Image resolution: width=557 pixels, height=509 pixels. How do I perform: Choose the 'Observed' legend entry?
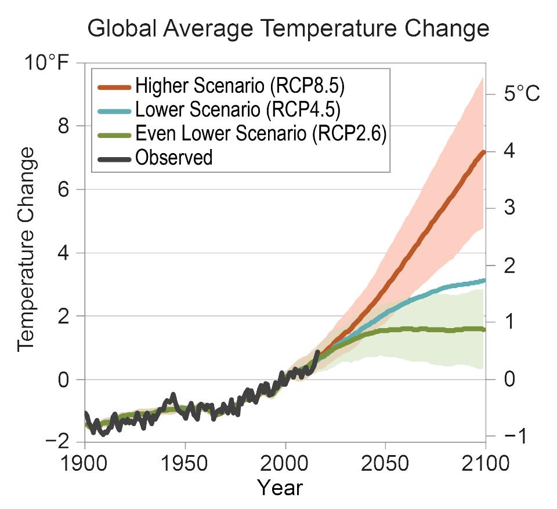pyautogui.click(x=173, y=157)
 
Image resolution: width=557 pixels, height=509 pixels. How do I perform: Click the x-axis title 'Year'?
pyautogui.click(x=280, y=488)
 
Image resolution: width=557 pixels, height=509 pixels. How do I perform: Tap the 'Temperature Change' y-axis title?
pyautogui.click(x=26, y=249)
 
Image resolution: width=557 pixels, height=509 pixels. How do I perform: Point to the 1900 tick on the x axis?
pyautogui.click(x=85, y=464)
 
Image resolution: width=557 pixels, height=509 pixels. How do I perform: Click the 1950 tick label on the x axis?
pyautogui.click(x=185, y=464)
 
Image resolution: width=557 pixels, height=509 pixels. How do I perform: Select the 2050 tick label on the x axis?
pyautogui.click(x=385, y=464)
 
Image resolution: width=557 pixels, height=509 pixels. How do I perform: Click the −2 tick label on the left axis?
pyautogui.click(x=60, y=442)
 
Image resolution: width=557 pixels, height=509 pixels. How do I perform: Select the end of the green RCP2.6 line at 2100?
pyautogui.click(x=483, y=329)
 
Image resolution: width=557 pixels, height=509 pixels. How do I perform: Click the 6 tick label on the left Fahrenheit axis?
pyautogui.click(x=68, y=189)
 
